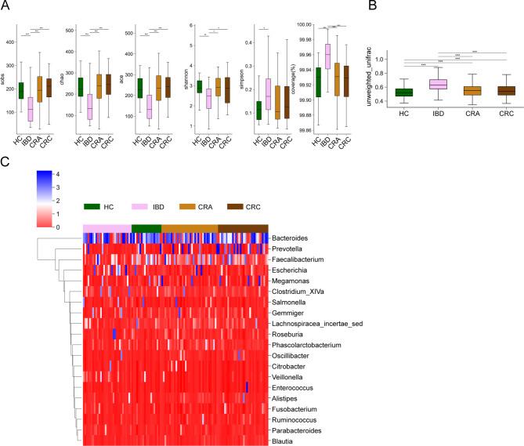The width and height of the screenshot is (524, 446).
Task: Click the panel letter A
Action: [6, 7]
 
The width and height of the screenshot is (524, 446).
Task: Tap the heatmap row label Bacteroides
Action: [292, 237]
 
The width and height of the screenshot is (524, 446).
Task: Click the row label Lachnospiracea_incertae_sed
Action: [312, 324]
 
